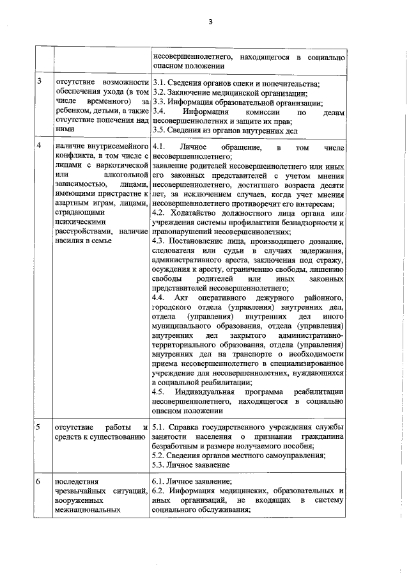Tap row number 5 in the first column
point(40,427)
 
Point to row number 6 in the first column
point(40,481)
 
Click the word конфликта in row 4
point(76,156)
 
